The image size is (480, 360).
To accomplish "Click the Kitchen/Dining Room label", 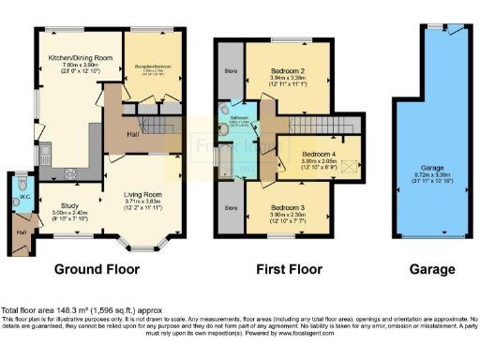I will point(81,57).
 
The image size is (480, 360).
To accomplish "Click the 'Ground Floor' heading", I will point(97,269).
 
